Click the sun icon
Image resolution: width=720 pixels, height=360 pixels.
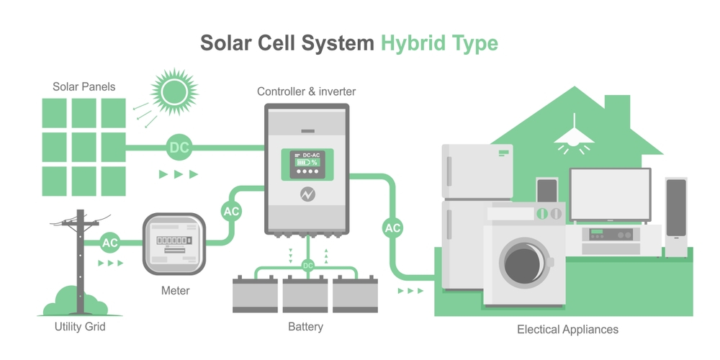pos(173,92)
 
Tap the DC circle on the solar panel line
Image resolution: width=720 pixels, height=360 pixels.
pos(179,148)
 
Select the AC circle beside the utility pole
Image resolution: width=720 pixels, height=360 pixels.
pos(109,243)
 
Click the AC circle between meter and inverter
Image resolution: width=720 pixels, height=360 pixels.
pos(231,212)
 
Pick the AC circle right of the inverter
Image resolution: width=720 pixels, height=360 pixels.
pos(392,228)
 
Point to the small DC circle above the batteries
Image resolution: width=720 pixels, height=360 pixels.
pos(308,266)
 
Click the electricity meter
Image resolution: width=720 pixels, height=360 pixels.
pos(170,243)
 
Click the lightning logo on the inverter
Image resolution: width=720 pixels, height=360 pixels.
pos(308,194)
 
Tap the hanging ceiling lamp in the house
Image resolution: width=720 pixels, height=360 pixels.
pos(574,138)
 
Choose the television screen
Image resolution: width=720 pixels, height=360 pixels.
pos(610,194)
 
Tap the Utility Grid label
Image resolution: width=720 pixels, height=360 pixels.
pos(80,327)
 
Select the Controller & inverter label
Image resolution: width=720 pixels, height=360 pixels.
pos(307,91)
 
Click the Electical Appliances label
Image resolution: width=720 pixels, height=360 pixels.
pos(567,330)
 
